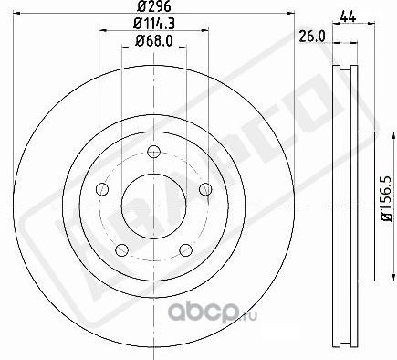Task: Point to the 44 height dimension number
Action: point(346,15)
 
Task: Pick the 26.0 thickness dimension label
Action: point(312,37)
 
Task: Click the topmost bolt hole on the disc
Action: point(153,151)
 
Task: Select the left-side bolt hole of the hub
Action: point(102,189)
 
